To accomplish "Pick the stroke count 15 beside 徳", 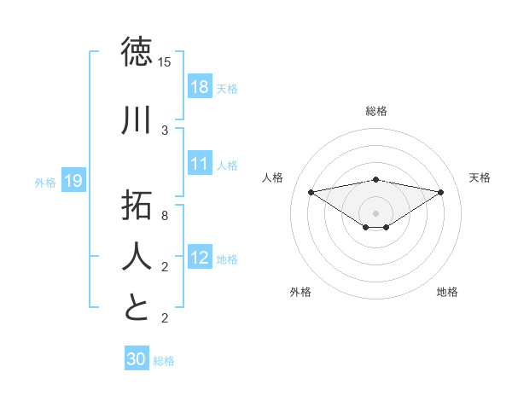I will click(164, 62).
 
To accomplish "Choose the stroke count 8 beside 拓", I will click(164, 216).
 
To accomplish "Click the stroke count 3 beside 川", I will click(164, 131).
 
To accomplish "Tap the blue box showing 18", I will click(200, 87).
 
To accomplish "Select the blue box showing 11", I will click(200, 164).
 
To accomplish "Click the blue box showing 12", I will click(200, 258).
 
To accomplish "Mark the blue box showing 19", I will click(73, 181).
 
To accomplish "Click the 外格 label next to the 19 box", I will click(45, 182).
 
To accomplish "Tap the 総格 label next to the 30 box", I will click(164, 361).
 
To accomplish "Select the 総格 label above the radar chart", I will click(376, 111).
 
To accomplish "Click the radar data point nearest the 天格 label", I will click(441, 192).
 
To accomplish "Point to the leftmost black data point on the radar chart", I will click(311, 191).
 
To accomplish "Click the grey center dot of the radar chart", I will click(376, 212).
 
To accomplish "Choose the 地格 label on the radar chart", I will click(447, 292).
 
